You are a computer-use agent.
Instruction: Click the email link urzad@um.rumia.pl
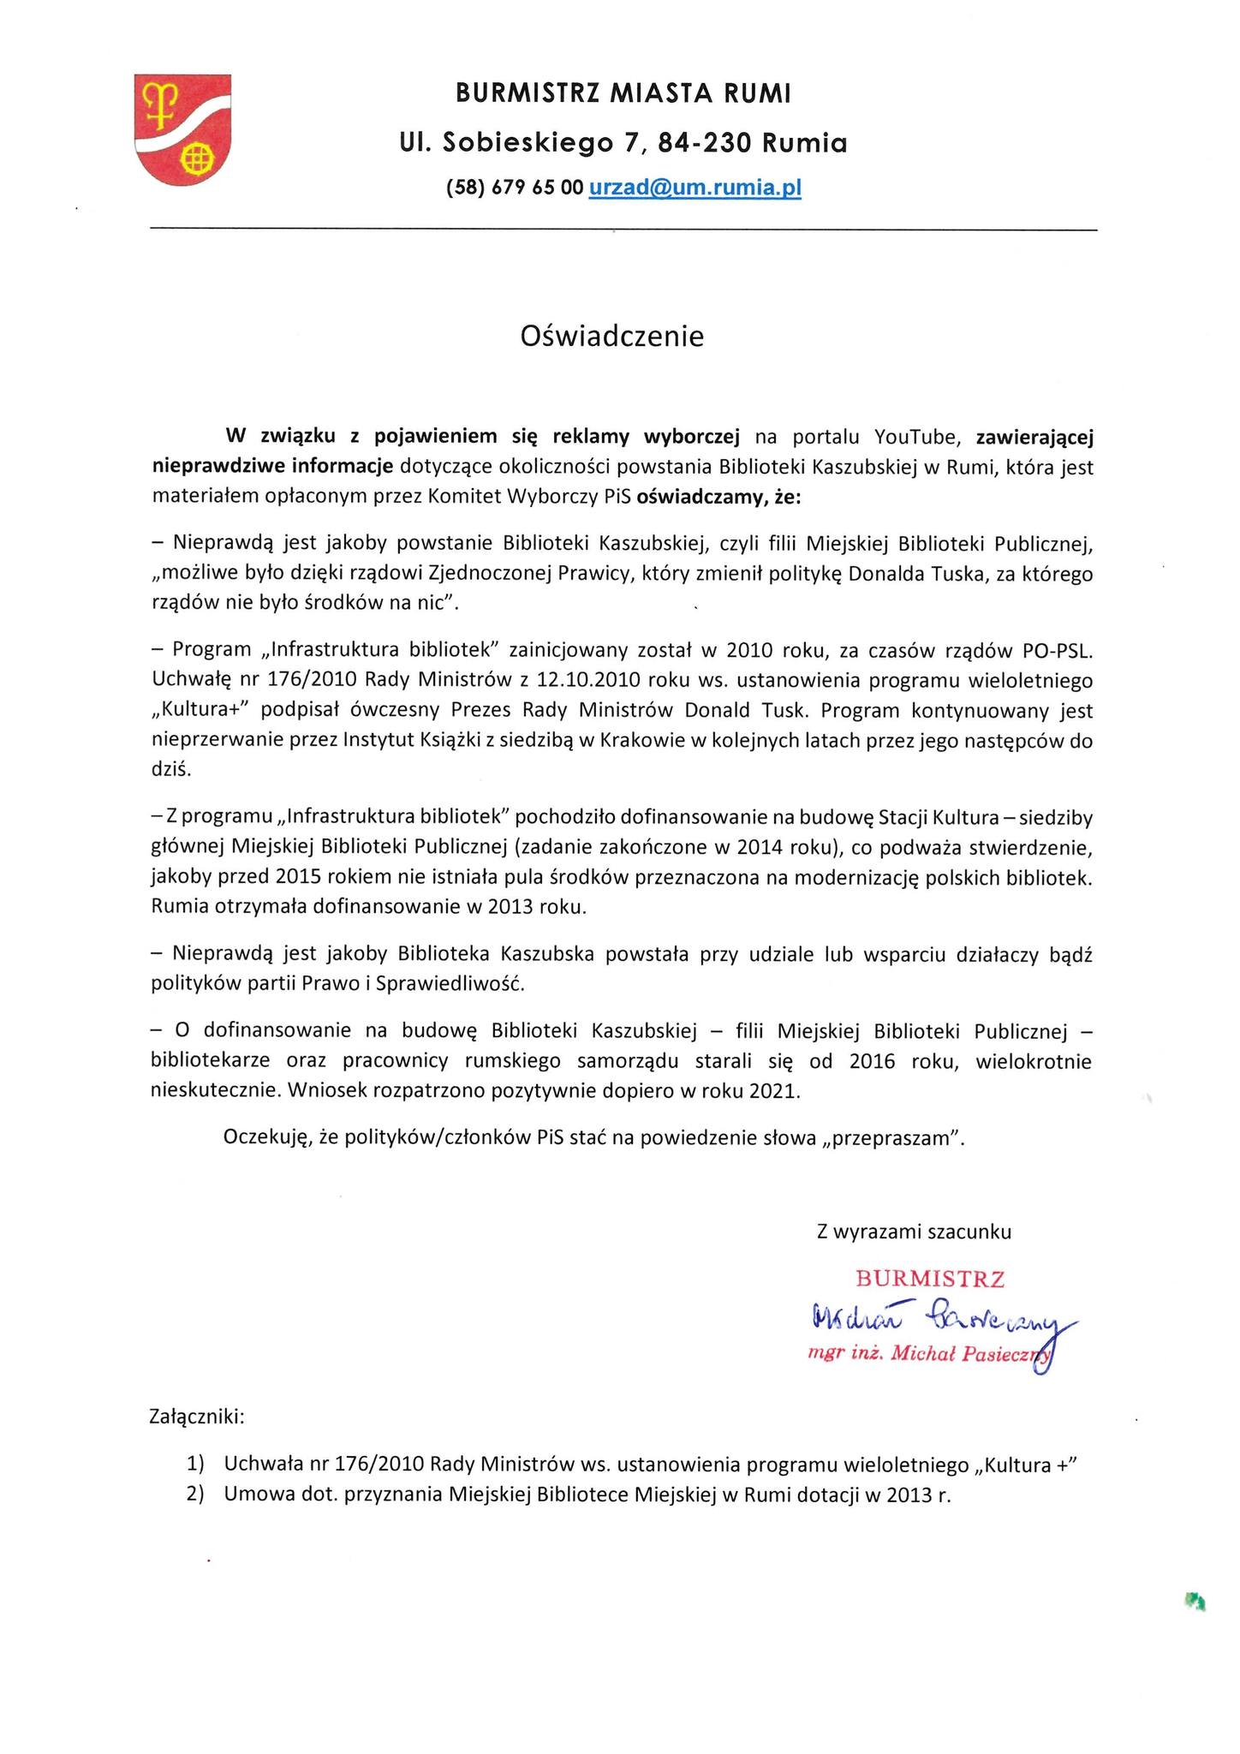point(695,188)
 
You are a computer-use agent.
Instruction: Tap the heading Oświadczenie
point(612,336)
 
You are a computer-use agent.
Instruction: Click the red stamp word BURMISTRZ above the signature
point(930,1280)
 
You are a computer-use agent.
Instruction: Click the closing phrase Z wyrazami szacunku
point(914,1232)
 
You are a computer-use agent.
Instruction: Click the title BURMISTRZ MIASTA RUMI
point(623,93)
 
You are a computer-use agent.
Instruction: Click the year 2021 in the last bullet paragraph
point(773,1091)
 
